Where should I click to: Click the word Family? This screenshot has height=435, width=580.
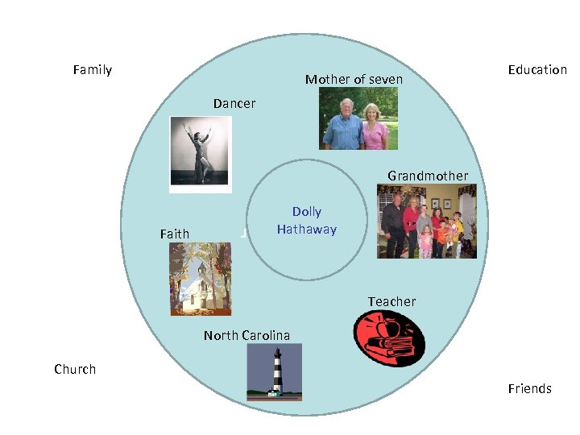pyautogui.click(x=92, y=70)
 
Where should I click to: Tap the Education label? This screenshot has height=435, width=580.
pyautogui.click(x=537, y=70)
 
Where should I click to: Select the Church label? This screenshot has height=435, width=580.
pyautogui.click(x=75, y=370)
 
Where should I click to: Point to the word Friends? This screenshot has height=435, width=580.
pyautogui.click(x=529, y=389)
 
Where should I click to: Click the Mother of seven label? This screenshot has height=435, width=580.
pyautogui.click(x=354, y=80)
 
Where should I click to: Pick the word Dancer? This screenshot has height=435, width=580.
pyautogui.click(x=234, y=104)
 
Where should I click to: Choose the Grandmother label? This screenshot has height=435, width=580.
pyautogui.click(x=427, y=176)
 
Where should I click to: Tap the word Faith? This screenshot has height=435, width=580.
pyautogui.click(x=175, y=234)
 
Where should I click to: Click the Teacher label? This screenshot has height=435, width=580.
pyautogui.click(x=392, y=302)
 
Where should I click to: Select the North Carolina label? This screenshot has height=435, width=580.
pyautogui.click(x=246, y=336)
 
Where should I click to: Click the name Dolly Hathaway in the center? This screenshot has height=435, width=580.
pyautogui.click(x=306, y=221)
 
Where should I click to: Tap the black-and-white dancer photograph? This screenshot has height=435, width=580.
pyautogui.click(x=201, y=153)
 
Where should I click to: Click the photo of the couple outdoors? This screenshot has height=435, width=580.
pyautogui.click(x=358, y=118)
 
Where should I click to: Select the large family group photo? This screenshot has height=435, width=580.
pyautogui.click(x=427, y=221)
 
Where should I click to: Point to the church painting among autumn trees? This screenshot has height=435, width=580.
pyautogui.click(x=201, y=279)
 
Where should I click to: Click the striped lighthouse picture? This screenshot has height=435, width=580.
pyautogui.click(x=275, y=372)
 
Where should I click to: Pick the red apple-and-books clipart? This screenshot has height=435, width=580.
pyautogui.click(x=389, y=338)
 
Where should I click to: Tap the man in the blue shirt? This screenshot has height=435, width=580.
pyautogui.click(x=342, y=125)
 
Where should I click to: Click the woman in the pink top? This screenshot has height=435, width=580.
pyautogui.click(x=375, y=126)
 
